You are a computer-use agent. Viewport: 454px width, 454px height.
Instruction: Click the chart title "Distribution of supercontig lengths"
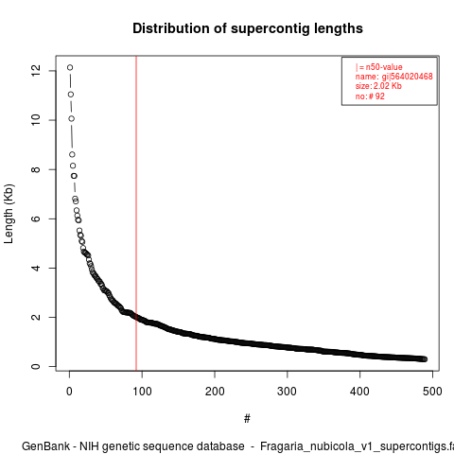248,28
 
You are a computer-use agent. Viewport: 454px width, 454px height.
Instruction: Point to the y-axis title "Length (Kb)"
9,214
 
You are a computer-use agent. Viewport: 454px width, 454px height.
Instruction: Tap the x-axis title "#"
247,419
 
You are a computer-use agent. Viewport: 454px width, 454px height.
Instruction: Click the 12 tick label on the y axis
36,70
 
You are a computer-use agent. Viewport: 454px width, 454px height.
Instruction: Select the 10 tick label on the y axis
36,120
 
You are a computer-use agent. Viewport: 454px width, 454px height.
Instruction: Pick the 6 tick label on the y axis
36,218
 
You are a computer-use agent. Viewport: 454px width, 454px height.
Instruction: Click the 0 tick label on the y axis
36,366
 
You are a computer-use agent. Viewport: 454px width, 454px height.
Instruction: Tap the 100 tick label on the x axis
142,392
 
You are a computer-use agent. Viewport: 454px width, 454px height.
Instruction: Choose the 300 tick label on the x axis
288,392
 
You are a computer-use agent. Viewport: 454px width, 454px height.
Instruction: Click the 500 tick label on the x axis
432,392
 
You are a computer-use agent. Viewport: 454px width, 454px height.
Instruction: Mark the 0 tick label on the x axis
69,392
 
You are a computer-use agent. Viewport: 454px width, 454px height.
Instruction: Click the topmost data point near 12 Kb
70,67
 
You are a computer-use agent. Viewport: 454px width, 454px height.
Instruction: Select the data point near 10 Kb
72,118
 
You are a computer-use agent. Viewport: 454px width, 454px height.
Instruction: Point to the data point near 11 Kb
71,95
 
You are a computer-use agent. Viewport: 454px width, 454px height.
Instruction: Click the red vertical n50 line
136,213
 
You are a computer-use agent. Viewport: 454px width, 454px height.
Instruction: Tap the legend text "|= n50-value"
379,67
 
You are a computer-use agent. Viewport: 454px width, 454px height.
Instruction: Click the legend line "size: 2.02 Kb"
378,86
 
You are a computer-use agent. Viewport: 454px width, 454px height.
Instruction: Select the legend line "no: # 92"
370,96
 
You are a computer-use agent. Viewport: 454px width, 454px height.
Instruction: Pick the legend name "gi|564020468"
408,77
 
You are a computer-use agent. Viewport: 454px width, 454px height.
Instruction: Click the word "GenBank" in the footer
46,446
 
